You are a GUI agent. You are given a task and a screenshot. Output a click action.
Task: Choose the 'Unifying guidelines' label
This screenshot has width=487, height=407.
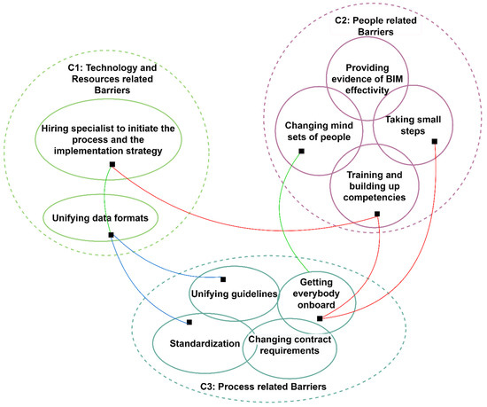pos(235,294)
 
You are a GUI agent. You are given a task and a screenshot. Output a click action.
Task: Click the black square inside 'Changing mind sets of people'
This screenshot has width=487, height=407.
pos(301,152)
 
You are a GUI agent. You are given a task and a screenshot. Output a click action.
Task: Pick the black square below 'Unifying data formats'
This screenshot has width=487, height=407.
pos(111,235)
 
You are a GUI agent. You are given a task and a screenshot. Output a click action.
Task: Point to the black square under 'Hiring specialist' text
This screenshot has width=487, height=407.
pos(112,165)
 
